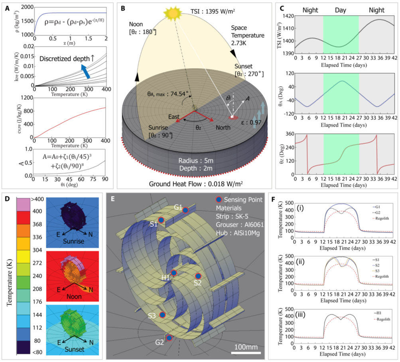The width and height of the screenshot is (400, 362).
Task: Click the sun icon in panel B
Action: click(173, 15)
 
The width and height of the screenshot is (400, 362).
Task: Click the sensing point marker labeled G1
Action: click(186, 210)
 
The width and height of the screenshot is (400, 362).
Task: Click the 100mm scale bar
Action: click(246, 352)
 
